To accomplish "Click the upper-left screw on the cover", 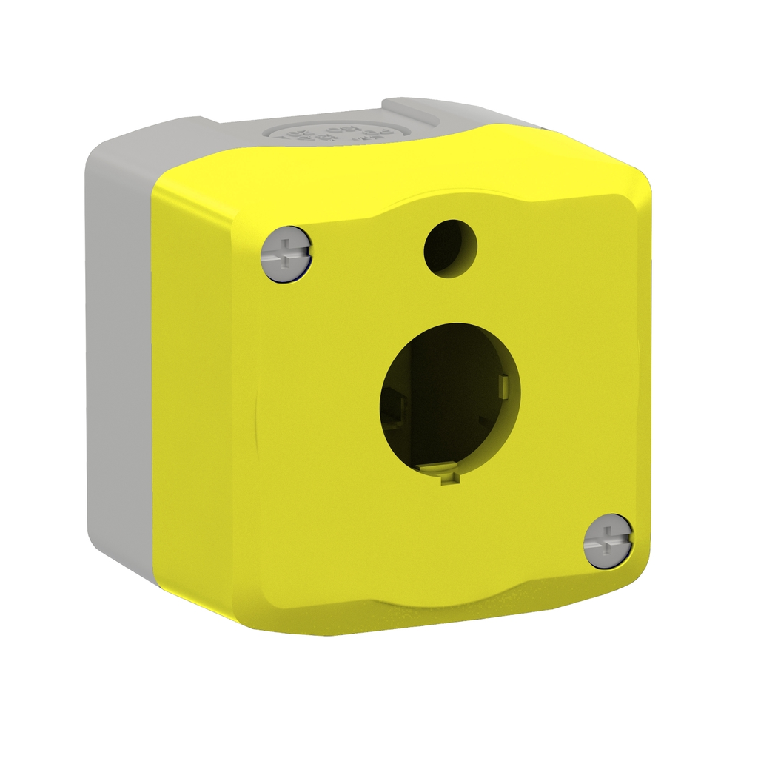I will pos(287,253).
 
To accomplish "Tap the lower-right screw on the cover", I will pos(608,542).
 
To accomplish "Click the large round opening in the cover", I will pos(449,400).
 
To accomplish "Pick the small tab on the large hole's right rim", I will pos(505,385).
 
